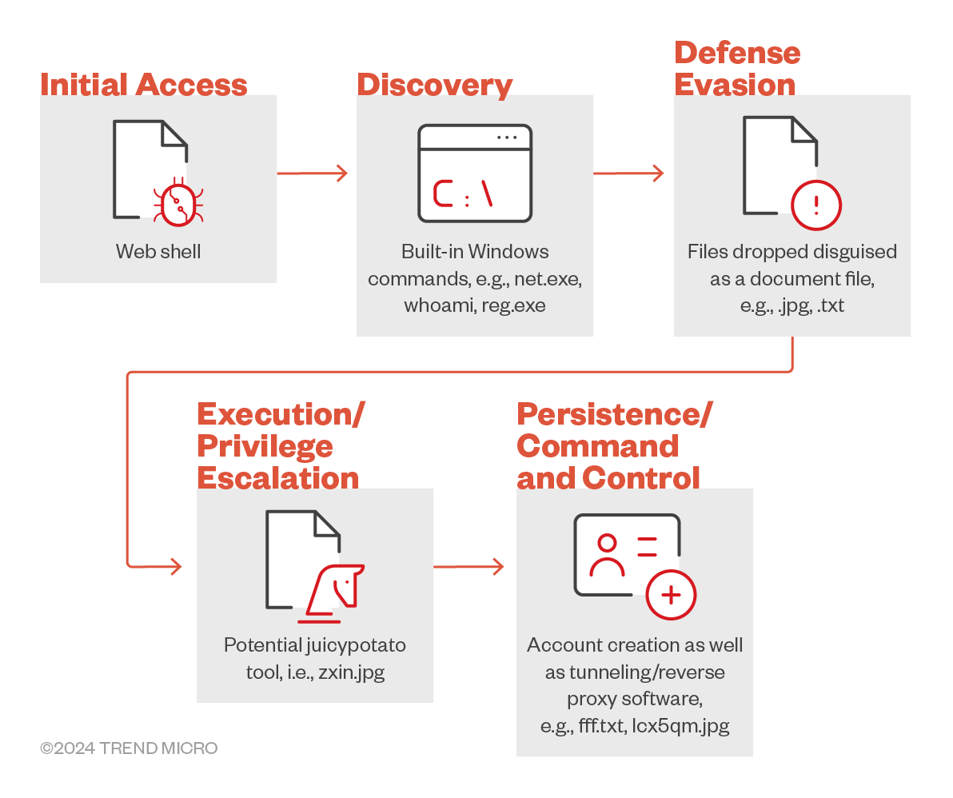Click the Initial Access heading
(x=144, y=85)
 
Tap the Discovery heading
(x=434, y=85)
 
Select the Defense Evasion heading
(x=736, y=69)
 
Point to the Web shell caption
(x=158, y=252)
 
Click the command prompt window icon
(x=475, y=173)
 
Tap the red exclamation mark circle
(x=815, y=205)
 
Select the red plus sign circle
(x=671, y=596)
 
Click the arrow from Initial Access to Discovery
(x=313, y=173)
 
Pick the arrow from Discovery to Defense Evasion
(x=628, y=173)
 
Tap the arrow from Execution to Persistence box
(x=469, y=567)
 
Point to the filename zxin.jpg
(x=351, y=672)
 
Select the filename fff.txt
(x=597, y=725)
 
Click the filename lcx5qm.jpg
(x=681, y=725)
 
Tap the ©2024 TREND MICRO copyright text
(x=129, y=748)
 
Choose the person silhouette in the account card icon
(x=607, y=555)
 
